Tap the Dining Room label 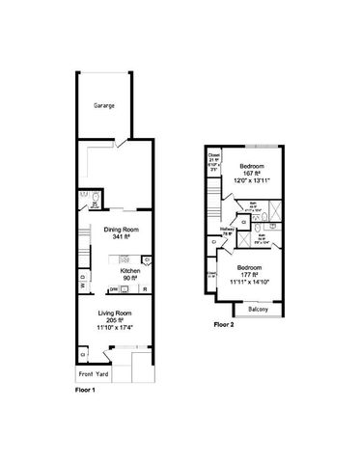pyautogui.click(x=121, y=229)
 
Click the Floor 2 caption pyautogui.click(x=225, y=325)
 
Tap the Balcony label pyautogui.click(x=257, y=309)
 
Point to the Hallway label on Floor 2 pyautogui.click(x=229, y=230)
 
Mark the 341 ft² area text pyautogui.click(x=121, y=237)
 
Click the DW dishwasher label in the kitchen pyautogui.click(x=113, y=289)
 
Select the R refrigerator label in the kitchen pyautogui.click(x=145, y=289)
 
